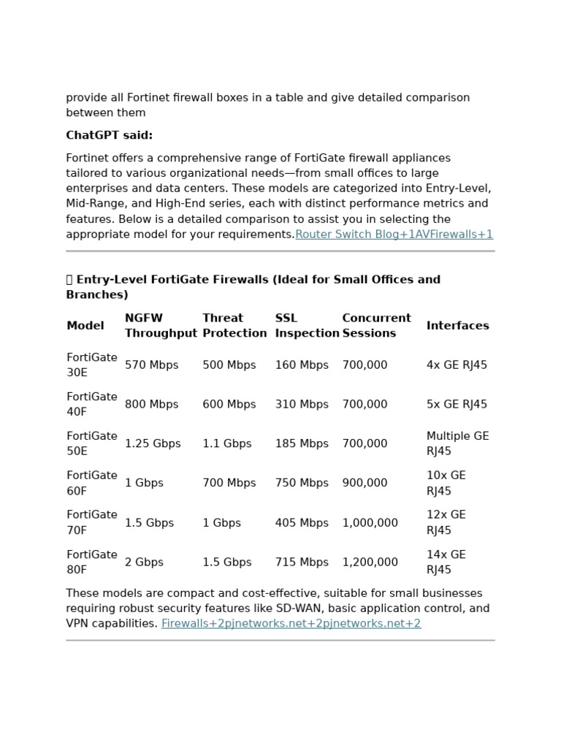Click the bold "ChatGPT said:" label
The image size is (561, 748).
(x=109, y=135)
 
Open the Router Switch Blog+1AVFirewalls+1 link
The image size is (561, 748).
(x=394, y=234)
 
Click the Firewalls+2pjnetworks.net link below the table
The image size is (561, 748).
(x=291, y=624)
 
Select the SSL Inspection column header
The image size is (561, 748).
(x=307, y=326)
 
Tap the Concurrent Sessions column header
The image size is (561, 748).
(x=376, y=326)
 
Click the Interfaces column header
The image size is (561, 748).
(x=457, y=326)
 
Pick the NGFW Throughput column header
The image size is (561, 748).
(x=161, y=326)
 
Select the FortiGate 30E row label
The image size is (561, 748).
(x=91, y=365)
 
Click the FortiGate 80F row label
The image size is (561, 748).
(x=91, y=562)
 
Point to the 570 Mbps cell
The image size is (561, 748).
(x=151, y=365)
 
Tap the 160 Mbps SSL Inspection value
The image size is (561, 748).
(x=302, y=365)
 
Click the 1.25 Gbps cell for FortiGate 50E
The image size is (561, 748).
(x=153, y=444)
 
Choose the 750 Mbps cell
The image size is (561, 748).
(x=302, y=484)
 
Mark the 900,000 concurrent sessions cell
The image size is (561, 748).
(x=365, y=484)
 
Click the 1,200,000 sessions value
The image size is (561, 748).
(x=370, y=562)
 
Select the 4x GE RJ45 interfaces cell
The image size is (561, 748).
(x=457, y=365)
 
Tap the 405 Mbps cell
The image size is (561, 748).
(x=302, y=523)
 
